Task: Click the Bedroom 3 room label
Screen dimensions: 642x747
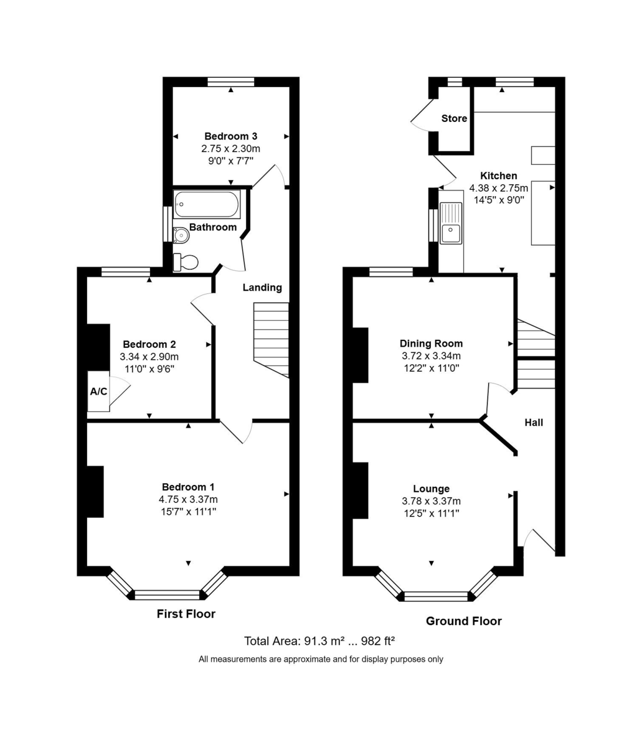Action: pyautogui.click(x=230, y=136)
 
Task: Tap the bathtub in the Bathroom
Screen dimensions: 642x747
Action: pyautogui.click(x=207, y=204)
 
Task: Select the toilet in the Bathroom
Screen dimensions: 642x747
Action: pyautogui.click(x=186, y=262)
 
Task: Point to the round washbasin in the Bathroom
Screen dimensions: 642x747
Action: pyautogui.click(x=181, y=236)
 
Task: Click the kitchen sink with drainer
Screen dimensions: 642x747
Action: pyautogui.click(x=451, y=223)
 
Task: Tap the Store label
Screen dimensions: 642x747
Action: pyautogui.click(x=454, y=118)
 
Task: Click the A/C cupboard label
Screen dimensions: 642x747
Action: pyautogui.click(x=98, y=392)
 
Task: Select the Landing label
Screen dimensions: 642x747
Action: pyautogui.click(x=262, y=288)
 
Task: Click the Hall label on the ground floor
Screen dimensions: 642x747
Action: pyautogui.click(x=534, y=423)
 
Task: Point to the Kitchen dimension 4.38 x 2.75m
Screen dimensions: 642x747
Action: pyautogui.click(x=499, y=188)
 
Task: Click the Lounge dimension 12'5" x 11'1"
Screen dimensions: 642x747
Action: pyautogui.click(x=432, y=513)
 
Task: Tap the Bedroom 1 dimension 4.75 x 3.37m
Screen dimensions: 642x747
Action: pyautogui.click(x=188, y=499)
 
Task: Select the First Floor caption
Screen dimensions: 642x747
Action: pyautogui.click(x=186, y=614)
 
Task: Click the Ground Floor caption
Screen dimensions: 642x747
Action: pyautogui.click(x=464, y=621)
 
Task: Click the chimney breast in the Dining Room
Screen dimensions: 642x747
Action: pyautogui.click(x=360, y=355)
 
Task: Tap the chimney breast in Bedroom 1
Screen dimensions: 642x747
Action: pyautogui.click(x=95, y=492)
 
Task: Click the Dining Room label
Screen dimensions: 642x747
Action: pyautogui.click(x=431, y=344)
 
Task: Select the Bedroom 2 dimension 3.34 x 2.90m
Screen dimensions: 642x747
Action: pyautogui.click(x=149, y=357)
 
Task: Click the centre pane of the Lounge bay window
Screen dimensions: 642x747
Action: pyautogui.click(x=436, y=596)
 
